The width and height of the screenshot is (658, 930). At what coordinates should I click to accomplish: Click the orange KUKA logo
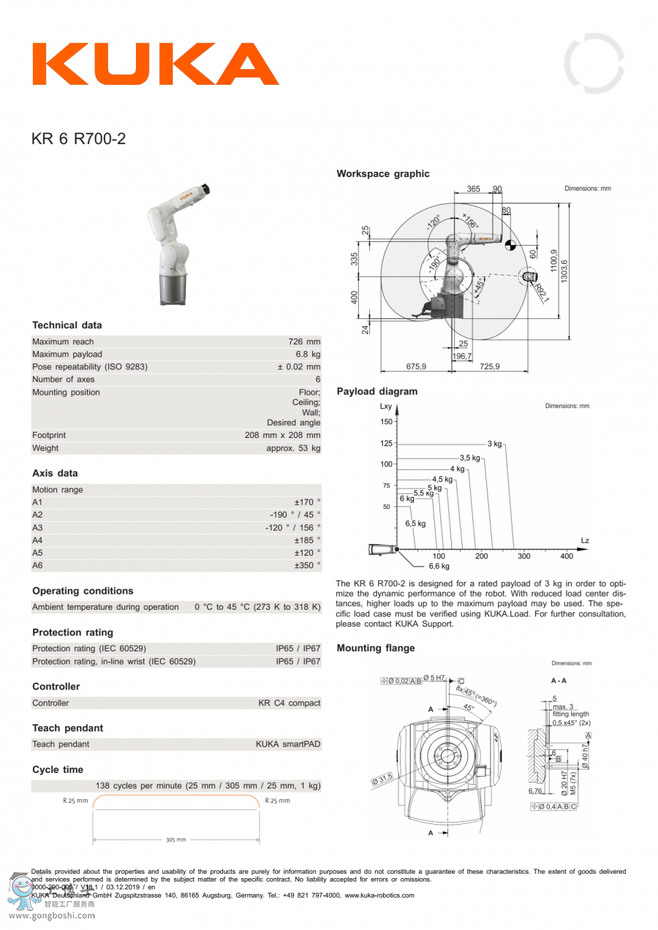(155, 64)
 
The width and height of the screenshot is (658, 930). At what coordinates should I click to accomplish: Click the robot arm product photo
(175, 244)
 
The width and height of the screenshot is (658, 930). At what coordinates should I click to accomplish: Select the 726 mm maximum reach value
(304, 341)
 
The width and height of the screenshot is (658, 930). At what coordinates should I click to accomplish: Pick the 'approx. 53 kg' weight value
(293, 448)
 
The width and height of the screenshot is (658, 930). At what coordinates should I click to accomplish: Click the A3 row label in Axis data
(38, 527)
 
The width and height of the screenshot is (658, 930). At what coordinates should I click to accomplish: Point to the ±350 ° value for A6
(307, 565)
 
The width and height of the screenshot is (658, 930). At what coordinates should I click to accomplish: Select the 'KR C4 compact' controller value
(289, 703)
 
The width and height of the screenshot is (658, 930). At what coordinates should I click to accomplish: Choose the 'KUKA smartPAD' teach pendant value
(287, 744)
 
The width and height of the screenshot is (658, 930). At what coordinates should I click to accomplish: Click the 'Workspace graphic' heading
(383, 174)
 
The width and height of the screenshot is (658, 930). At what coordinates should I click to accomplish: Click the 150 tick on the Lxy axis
(386, 422)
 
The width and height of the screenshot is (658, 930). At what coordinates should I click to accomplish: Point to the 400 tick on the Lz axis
(567, 556)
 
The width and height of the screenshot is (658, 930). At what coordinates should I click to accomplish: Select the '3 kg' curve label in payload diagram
(495, 444)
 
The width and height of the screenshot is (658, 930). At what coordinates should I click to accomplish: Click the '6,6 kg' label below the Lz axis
(439, 566)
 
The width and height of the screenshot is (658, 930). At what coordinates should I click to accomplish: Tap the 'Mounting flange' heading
(375, 649)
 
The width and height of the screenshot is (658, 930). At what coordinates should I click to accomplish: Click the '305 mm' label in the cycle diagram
(176, 840)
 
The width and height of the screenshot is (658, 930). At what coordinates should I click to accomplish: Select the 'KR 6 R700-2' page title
(78, 138)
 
